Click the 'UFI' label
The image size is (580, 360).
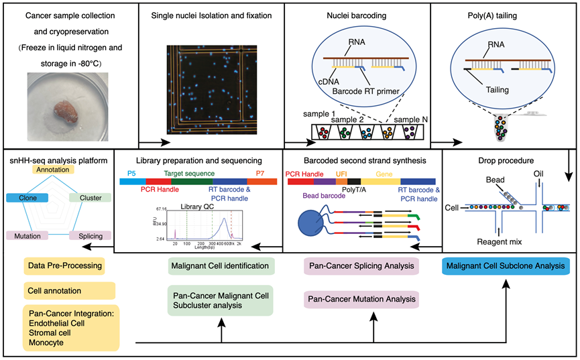342,174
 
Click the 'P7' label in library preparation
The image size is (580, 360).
259,172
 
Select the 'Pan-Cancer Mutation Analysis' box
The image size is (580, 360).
361,298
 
